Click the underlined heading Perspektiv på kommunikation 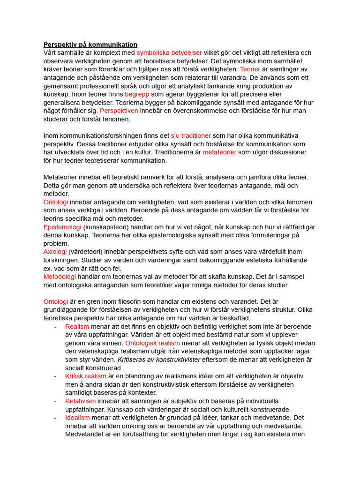point(90,45)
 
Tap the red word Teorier point(251,70)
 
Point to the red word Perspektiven point(119,111)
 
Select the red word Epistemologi point(63,227)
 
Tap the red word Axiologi point(55,252)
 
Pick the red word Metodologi point(60,277)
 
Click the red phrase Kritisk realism point(86,376)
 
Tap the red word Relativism point(80,401)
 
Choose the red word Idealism point(77,418)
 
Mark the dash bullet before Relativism point(56,401)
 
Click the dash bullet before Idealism point(56,418)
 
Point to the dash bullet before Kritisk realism point(56,376)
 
